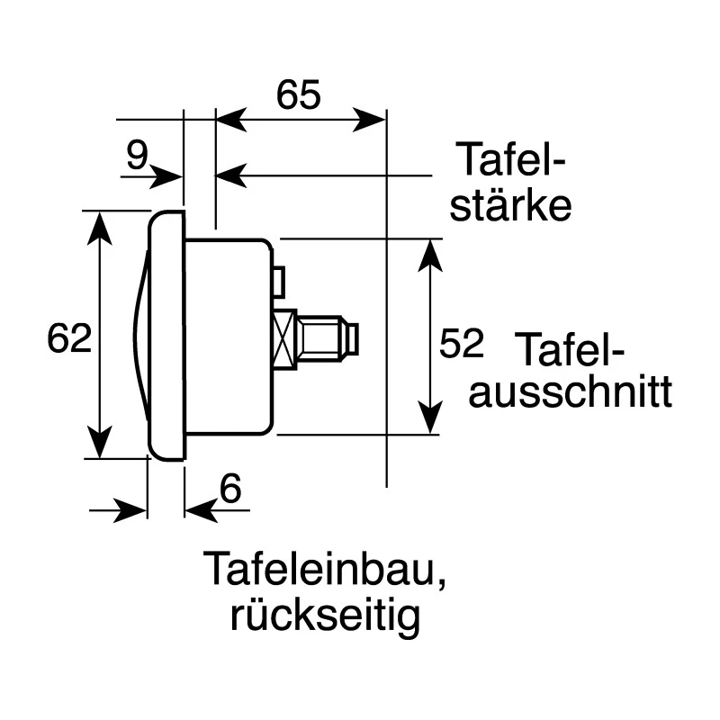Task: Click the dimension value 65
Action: pos(299,94)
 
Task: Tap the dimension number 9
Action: pos(138,155)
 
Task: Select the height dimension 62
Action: pos(69,338)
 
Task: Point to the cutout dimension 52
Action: pos(462,343)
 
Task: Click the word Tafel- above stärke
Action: pos(510,160)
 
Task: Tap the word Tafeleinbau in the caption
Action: pos(324,569)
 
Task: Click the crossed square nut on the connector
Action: pos(284,339)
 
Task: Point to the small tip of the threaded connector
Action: pos(353,340)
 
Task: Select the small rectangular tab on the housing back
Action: pos(279,281)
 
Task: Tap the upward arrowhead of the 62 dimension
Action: pos(100,228)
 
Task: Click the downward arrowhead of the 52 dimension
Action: pos(430,417)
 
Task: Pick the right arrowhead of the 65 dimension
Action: pos(369,120)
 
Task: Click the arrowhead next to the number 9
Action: pos(166,176)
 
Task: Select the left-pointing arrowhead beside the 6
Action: pos(201,510)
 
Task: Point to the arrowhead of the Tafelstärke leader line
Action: pos(232,175)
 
